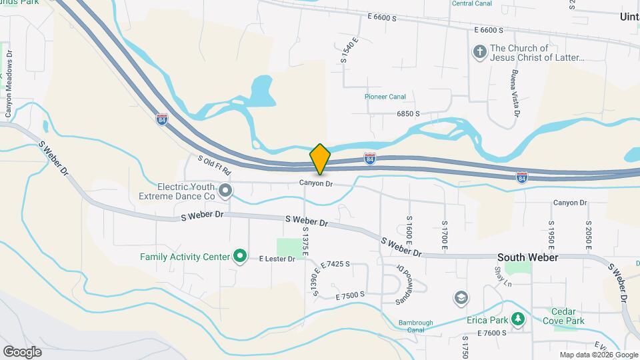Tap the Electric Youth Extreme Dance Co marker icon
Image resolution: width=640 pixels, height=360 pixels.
(x=225, y=191)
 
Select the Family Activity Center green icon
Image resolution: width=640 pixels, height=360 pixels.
(x=241, y=256)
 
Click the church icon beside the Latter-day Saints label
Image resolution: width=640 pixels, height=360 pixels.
(x=479, y=53)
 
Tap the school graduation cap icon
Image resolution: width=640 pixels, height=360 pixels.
(x=460, y=297)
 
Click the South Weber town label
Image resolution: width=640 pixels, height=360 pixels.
(x=527, y=257)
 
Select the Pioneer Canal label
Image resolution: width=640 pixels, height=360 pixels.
(x=385, y=97)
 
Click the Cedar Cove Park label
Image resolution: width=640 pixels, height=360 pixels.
(x=567, y=316)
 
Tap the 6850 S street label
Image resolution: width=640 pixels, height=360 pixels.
(x=408, y=114)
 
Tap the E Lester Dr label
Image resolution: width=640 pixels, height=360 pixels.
(x=277, y=259)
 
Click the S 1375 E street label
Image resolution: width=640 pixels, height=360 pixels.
(x=305, y=244)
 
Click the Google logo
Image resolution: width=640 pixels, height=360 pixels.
(x=22, y=351)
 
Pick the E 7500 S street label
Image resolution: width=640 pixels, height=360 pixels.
(x=351, y=295)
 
